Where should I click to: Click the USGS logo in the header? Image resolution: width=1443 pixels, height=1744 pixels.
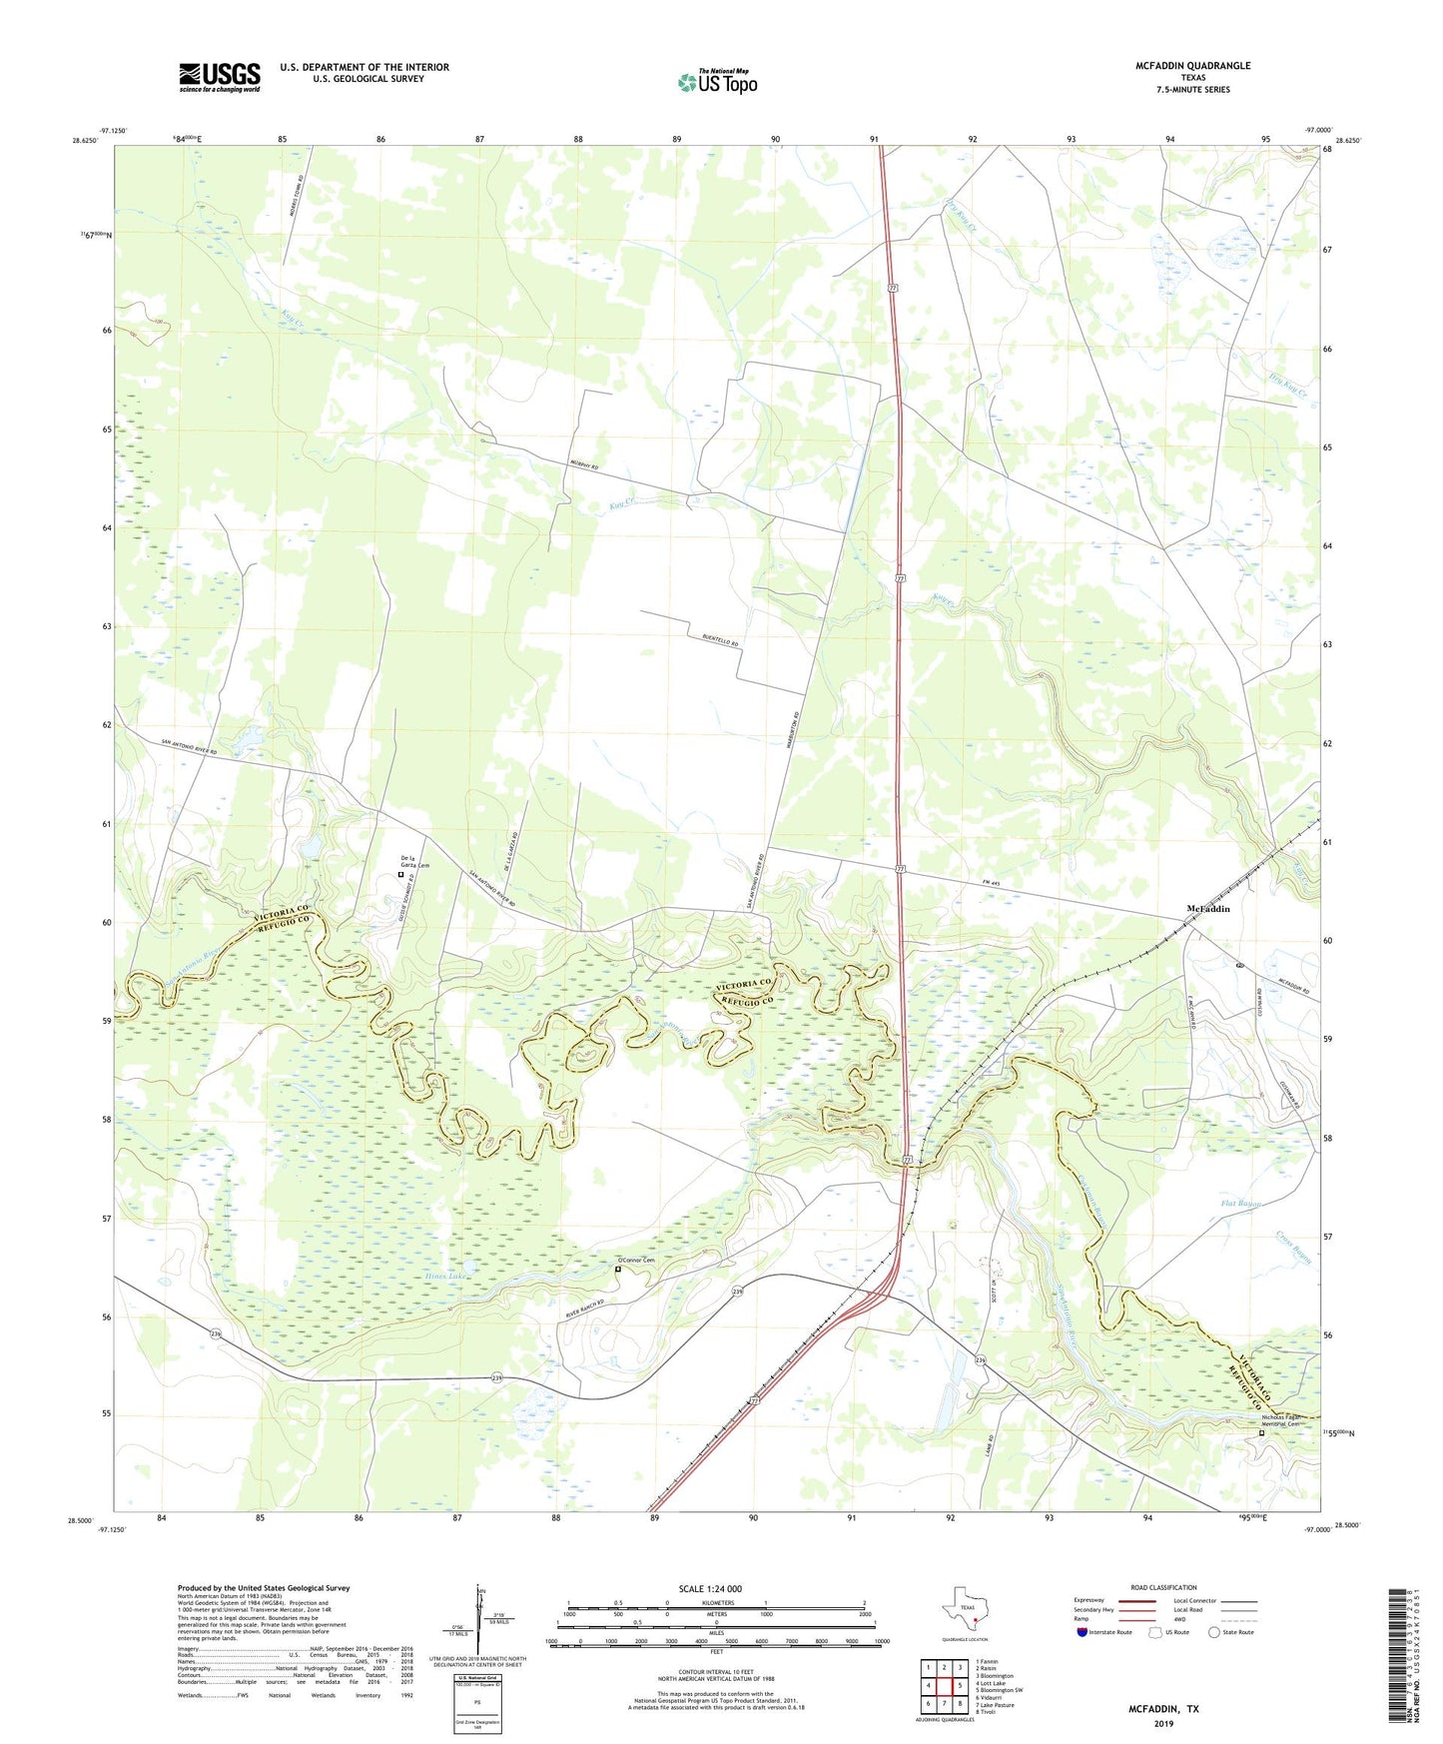220,77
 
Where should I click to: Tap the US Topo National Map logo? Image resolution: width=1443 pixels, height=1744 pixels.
717,81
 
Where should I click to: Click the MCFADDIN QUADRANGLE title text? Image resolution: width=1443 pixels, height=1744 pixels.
1192,66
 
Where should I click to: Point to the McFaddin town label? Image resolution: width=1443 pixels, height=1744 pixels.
1207,908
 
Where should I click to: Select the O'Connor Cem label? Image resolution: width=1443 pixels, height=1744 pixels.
635,1260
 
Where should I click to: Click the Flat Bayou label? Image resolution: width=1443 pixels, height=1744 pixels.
1241,1204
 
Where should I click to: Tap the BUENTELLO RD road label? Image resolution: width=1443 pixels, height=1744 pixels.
719,643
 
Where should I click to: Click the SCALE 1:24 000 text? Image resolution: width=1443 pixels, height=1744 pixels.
710,1588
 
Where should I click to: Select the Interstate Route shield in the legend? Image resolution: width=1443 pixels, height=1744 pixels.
1082,1632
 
